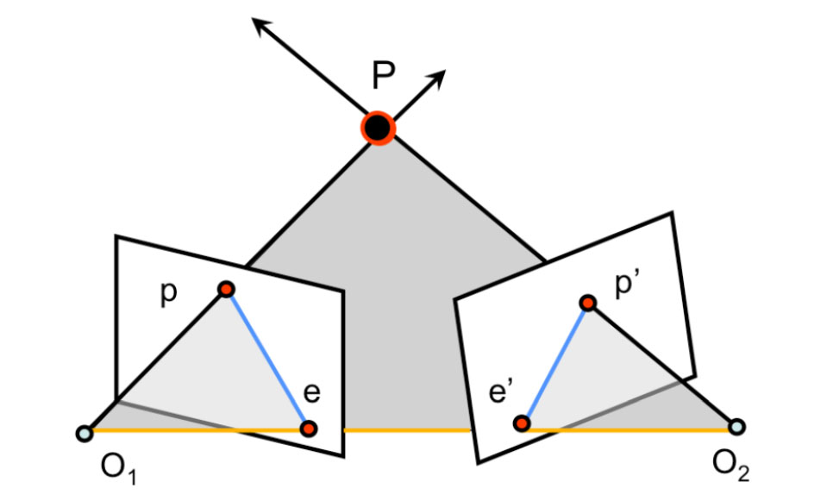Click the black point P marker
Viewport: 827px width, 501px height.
pos(378,128)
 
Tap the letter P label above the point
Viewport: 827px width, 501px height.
pos(384,78)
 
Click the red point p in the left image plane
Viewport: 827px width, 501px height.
pos(226,290)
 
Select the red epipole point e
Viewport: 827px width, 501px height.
pos(309,428)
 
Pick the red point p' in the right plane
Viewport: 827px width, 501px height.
pos(587,303)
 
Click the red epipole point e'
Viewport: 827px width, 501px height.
pos(521,423)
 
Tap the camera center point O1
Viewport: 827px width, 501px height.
pos(84,433)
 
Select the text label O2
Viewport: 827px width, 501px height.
pos(730,469)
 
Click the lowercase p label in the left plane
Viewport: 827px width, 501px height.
pos(168,293)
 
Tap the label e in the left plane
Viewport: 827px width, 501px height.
pos(312,394)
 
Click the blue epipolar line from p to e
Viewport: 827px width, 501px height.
pos(267,359)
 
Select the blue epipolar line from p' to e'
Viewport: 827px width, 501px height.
pos(554,362)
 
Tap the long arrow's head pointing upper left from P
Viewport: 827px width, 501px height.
pos(258,22)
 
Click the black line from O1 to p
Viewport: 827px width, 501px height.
pos(155,361)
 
